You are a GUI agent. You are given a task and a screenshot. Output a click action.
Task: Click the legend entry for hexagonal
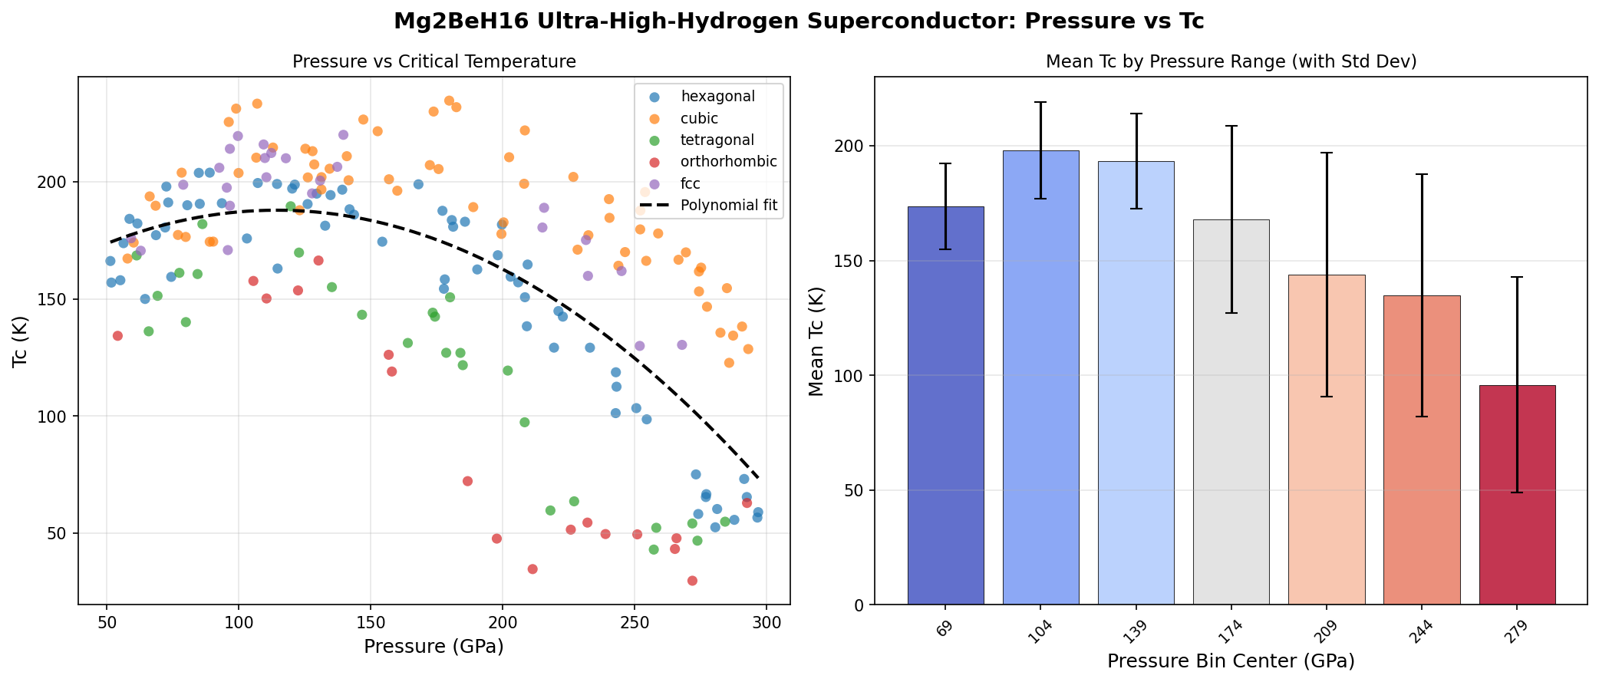717,97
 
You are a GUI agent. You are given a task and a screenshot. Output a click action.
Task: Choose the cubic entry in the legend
699,119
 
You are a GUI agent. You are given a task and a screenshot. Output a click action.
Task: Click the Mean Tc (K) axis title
816,341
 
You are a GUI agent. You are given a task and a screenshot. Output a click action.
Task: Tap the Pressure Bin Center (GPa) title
1231,661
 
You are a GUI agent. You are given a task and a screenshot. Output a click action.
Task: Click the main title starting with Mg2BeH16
799,21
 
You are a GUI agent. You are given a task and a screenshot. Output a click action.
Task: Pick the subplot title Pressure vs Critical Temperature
434,62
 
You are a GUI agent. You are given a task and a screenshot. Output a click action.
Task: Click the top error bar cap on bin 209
1327,153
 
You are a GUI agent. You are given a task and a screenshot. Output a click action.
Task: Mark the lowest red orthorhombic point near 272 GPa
692,581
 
